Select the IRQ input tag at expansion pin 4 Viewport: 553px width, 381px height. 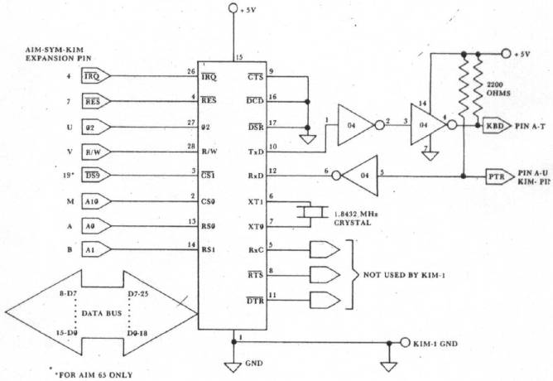point(94,77)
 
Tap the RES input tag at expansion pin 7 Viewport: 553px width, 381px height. point(94,103)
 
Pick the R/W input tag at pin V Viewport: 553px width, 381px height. point(94,152)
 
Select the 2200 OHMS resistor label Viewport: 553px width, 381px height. point(498,89)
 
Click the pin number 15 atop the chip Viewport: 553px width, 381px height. point(238,57)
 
